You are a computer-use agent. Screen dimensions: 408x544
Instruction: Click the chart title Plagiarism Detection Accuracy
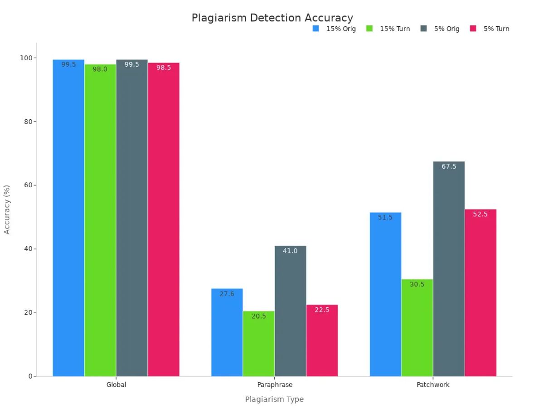pos(272,18)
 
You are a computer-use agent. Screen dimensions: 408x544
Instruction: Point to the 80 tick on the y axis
pos(28,121)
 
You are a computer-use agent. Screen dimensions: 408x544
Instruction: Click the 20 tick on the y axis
pos(28,312)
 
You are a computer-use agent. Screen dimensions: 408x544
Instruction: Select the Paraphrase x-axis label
pos(275,385)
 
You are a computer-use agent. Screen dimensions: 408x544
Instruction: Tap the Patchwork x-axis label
pos(433,385)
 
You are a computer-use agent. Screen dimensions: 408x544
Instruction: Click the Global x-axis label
pos(116,385)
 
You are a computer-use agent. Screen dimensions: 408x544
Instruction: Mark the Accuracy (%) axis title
pos(7,209)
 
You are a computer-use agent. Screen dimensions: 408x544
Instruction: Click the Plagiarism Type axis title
pos(274,399)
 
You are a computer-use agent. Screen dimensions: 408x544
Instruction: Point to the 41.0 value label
pos(290,251)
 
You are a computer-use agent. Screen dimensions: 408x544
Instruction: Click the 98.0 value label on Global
pos(100,69)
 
